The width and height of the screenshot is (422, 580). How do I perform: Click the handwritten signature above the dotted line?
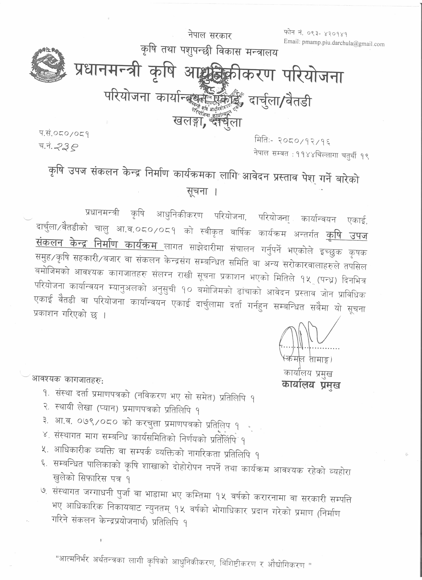pyautogui.click(x=305, y=333)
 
